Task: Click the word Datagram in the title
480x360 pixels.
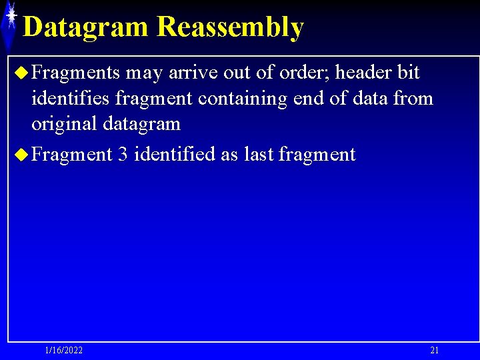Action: click(86, 27)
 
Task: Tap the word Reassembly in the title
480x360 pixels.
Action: click(231, 27)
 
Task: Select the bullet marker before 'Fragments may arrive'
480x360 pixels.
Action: click(20, 73)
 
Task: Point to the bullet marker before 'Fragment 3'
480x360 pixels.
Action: click(20, 155)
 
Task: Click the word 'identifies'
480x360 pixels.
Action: click(70, 99)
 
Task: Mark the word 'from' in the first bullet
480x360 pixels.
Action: click(414, 99)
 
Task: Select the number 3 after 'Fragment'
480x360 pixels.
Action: click(123, 155)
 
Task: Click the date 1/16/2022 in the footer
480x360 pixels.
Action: click(64, 351)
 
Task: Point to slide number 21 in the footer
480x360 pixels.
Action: click(435, 351)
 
